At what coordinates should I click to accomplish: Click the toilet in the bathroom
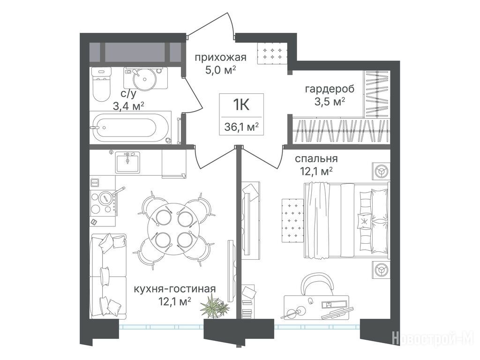click(101, 84)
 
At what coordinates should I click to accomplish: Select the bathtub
click(131, 127)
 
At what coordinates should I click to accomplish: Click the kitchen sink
click(127, 162)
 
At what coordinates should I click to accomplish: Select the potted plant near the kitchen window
click(215, 307)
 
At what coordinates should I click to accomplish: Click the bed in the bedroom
click(346, 220)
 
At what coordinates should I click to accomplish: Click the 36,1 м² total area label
click(241, 127)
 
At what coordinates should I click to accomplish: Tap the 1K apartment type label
click(241, 105)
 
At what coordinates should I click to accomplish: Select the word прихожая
click(220, 57)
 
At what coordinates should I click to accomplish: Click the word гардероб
click(330, 89)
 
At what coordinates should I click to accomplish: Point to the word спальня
click(316, 158)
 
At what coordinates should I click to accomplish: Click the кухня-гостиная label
click(175, 289)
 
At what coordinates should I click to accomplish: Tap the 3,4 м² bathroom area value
click(128, 106)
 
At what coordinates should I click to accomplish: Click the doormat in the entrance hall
click(272, 53)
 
